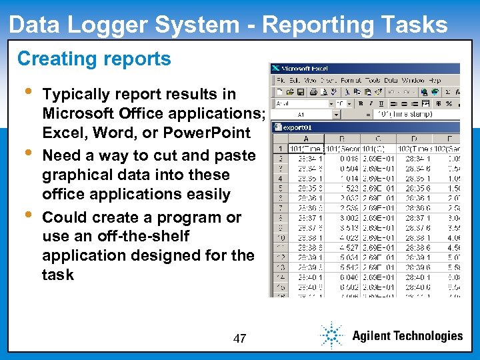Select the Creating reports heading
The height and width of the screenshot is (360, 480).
click(94, 59)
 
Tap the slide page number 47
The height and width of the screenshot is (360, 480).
click(240, 339)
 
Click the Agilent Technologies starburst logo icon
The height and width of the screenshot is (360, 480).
click(331, 335)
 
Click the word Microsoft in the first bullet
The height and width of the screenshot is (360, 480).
click(83, 113)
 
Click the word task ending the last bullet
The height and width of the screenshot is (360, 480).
click(58, 275)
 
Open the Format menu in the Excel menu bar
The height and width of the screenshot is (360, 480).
click(350, 81)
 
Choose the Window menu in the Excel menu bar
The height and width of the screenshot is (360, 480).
click(413, 81)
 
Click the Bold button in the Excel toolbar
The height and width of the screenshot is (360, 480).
click(360, 103)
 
